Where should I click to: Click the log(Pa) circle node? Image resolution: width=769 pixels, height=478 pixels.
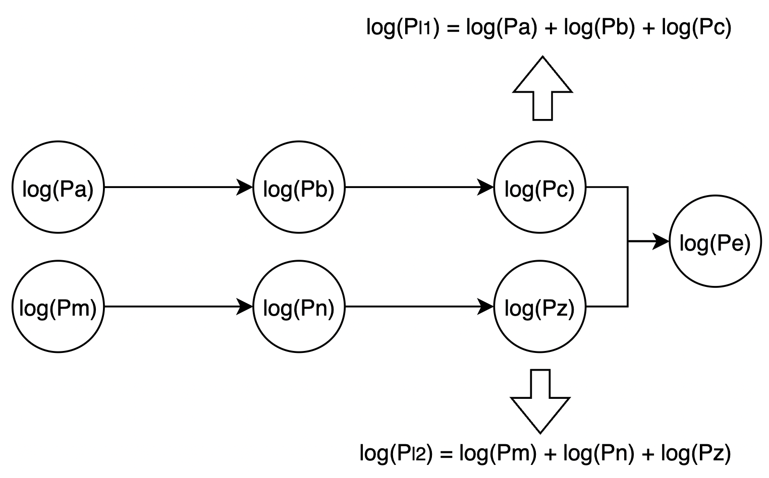tap(58, 188)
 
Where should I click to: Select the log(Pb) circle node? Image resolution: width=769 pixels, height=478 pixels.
tap(299, 188)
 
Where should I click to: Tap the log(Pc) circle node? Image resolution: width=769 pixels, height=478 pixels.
tap(540, 188)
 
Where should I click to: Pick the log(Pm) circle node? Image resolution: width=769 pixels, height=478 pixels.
tap(58, 307)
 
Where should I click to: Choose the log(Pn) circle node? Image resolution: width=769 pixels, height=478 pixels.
tap(299, 307)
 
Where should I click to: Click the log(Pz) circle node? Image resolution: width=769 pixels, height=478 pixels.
tap(540, 307)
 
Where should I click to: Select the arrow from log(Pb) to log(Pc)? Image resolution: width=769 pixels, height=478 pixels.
tap(419, 188)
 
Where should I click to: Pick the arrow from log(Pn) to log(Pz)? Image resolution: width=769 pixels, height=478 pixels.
tap(419, 307)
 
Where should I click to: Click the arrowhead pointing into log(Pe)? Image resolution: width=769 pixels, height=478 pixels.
tap(661, 242)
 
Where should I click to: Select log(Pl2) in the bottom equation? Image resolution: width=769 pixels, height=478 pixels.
tap(397, 453)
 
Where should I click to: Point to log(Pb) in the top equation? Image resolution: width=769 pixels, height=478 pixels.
tap(598, 28)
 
